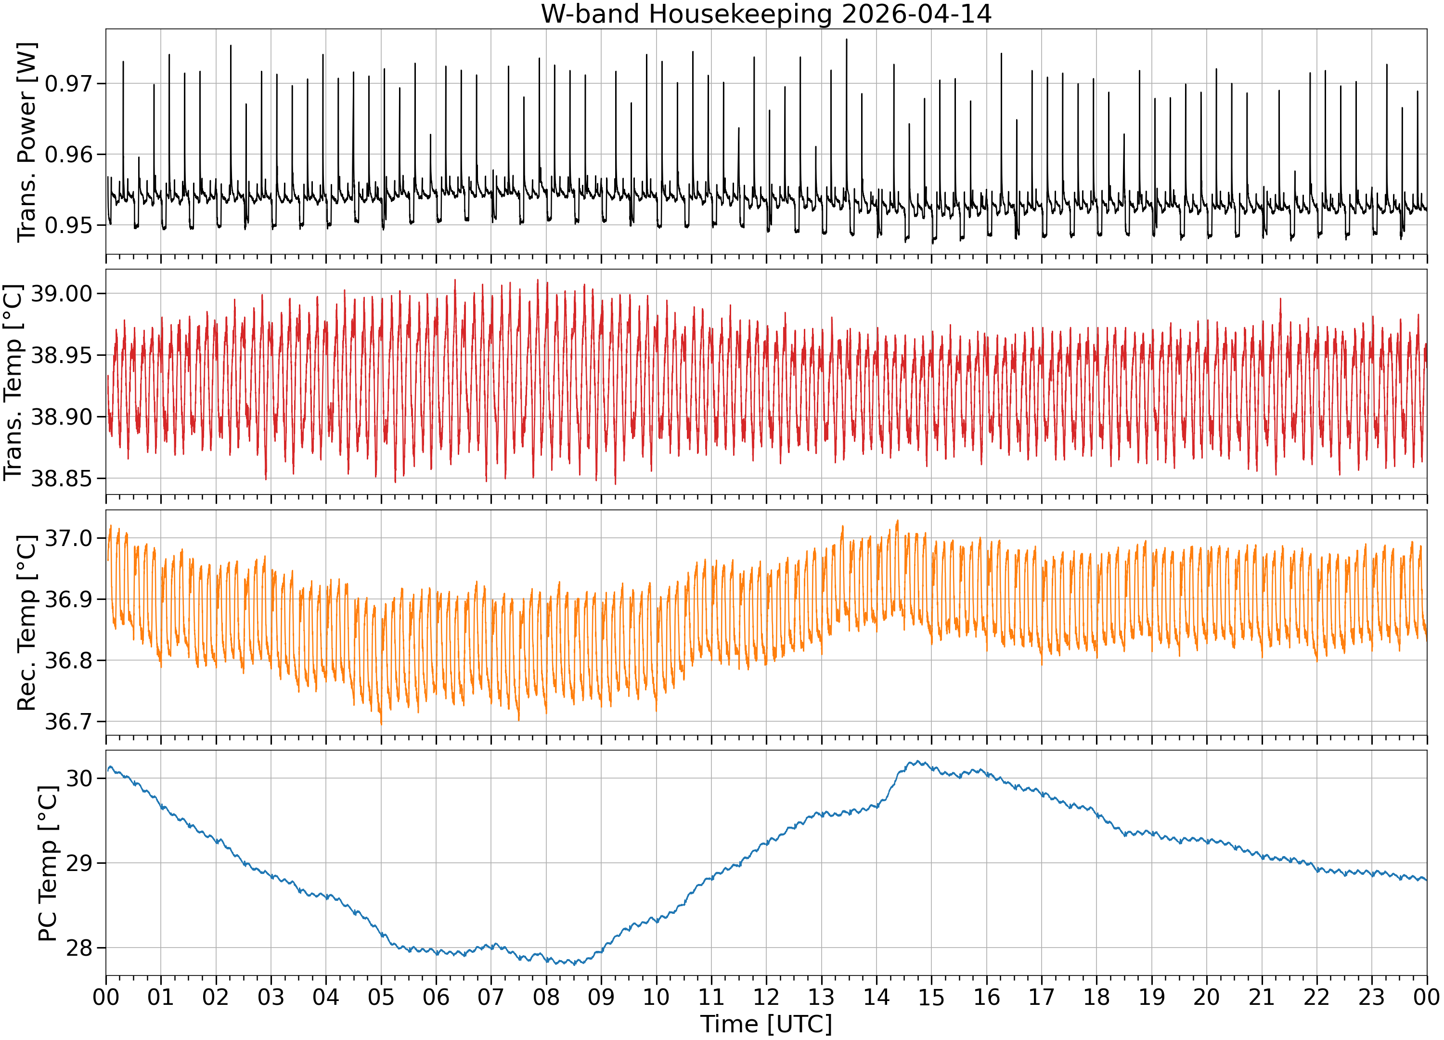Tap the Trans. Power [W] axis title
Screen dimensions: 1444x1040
click(27, 142)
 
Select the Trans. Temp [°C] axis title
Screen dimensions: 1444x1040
click(13, 382)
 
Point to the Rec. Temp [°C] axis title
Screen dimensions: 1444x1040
click(27, 623)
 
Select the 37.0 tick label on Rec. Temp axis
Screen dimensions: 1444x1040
click(68, 538)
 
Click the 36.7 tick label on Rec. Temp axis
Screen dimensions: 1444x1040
click(68, 722)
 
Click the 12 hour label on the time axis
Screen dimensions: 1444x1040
click(766, 997)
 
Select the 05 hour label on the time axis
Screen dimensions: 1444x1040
click(381, 997)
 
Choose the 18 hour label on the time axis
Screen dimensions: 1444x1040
click(1096, 997)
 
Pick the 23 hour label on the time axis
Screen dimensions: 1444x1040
click(1371, 997)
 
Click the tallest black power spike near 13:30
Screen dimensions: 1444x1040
click(846, 39)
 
